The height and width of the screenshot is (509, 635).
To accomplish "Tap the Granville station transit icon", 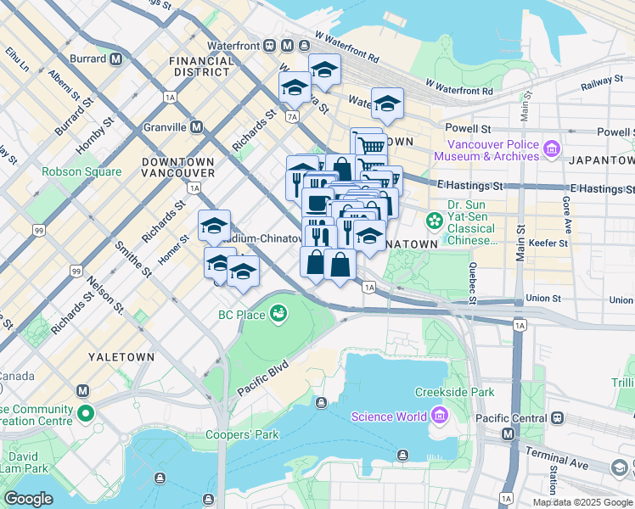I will pyautogui.click(x=196, y=127).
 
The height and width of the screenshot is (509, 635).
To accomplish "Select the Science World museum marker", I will pyautogui.click(x=439, y=416).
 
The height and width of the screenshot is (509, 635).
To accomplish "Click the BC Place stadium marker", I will pyautogui.click(x=278, y=315).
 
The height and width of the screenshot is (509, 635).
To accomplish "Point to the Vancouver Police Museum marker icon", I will pyautogui.click(x=552, y=149).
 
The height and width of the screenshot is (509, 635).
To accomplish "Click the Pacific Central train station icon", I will pyautogui.click(x=557, y=417).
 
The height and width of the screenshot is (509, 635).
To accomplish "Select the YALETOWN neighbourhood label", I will pyautogui.click(x=121, y=357).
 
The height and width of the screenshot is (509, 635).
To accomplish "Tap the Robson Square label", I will pyautogui.click(x=82, y=171).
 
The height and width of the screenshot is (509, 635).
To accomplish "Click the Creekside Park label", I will pyautogui.click(x=454, y=392).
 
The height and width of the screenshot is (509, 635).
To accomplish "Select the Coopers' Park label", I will pyautogui.click(x=243, y=435).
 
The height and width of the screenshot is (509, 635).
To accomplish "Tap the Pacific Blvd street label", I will pyautogui.click(x=264, y=378).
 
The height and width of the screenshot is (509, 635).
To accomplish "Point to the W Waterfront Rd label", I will pyautogui.click(x=459, y=87).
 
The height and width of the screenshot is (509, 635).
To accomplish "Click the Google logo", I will pyautogui.click(x=28, y=498).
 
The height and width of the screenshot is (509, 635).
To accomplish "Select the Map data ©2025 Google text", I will pyautogui.click(x=581, y=502).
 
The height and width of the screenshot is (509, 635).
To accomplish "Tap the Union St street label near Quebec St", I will pyautogui.click(x=543, y=299).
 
